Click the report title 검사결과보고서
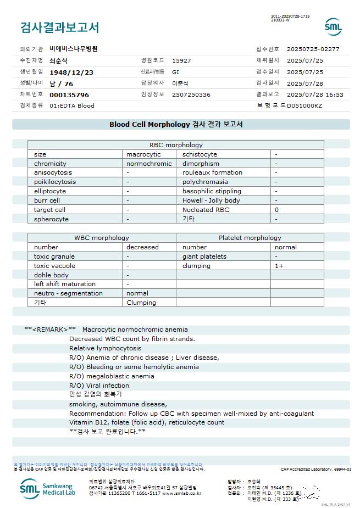(x=59, y=27)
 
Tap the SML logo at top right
(x=333, y=27)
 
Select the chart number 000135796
(x=69, y=94)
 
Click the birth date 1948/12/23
(x=71, y=72)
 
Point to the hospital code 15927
(x=181, y=60)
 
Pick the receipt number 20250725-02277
(x=313, y=49)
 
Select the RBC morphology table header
(x=176, y=145)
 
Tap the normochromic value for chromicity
(x=149, y=164)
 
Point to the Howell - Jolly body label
(x=211, y=200)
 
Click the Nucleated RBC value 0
(x=276, y=210)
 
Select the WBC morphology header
(x=102, y=238)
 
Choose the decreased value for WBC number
(x=142, y=247)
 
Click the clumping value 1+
(x=279, y=266)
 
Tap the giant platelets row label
(x=204, y=256)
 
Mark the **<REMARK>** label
(x=50, y=330)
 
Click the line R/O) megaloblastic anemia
(x=112, y=376)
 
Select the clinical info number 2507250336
(x=191, y=94)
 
